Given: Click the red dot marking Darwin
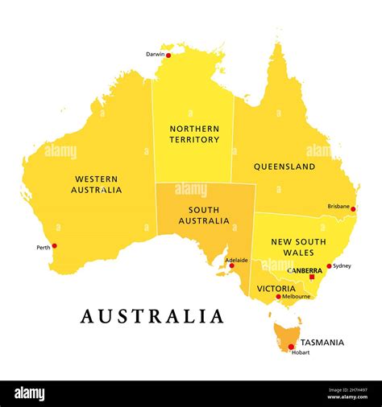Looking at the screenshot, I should click(x=168, y=55).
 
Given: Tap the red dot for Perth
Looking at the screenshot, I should click(x=54, y=246).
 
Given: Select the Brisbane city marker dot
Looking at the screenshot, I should click(x=354, y=208).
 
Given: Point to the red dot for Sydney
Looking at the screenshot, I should click(x=329, y=266).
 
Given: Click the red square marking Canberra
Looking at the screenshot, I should click(x=312, y=277).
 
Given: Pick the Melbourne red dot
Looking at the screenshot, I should click(x=279, y=297).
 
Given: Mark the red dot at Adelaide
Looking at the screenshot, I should click(x=231, y=265).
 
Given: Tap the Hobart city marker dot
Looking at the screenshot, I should click(x=291, y=347).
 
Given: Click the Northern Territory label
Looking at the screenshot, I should click(x=193, y=134).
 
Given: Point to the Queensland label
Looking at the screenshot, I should click(x=284, y=167).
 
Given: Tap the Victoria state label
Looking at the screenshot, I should click(x=276, y=288).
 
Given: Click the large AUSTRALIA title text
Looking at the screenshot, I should click(x=152, y=316).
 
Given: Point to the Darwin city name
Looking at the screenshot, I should click(x=155, y=55).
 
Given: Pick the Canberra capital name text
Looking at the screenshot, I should click(x=305, y=271).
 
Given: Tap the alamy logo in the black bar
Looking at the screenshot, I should click(x=29, y=393).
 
